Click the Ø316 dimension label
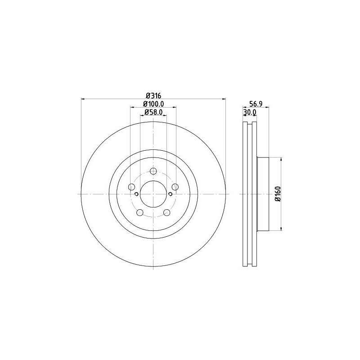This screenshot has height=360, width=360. pyautogui.click(x=153, y=95)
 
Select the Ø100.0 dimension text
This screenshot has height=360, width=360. pyautogui.click(x=153, y=104)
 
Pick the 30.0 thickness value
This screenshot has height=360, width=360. pyautogui.click(x=249, y=112)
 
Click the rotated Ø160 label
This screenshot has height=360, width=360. pyautogui.click(x=278, y=194)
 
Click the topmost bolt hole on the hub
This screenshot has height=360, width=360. pyautogui.click(x=153, y=171)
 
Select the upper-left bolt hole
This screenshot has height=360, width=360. pyautogui.click(x=131, y=187)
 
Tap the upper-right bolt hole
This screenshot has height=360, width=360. pyautogui.click(x=175, y=187)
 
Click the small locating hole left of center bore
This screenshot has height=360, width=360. pyautogui.click(x=136, y=194)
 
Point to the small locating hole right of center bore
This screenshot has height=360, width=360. pyautogui.click(x=171, y=194)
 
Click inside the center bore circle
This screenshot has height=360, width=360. pyautogui.click(x=153, y=194)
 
